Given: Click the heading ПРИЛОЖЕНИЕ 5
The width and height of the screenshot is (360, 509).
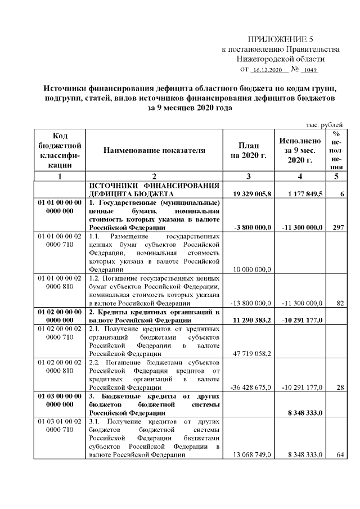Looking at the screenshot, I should [280, 39].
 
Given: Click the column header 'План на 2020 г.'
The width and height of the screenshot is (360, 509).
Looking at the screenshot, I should [248, 150].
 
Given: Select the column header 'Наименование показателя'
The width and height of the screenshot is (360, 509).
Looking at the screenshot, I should [154, 150].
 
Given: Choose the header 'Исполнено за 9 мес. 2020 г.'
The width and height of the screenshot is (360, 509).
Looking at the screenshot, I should [299, 150].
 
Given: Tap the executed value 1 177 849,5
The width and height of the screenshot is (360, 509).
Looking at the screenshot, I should [301, 193].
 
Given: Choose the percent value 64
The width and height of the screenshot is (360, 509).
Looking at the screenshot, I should [340, 455].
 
